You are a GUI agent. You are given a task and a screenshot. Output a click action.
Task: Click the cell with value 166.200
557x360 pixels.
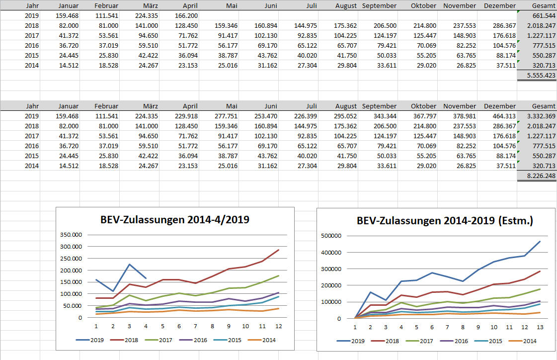187,15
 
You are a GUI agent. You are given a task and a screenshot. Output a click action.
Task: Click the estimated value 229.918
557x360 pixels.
187,116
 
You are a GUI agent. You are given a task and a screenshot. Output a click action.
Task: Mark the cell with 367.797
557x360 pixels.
423,116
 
